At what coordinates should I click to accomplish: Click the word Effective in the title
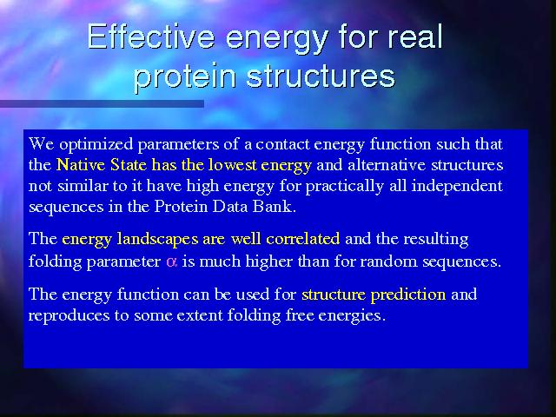click(151, 36)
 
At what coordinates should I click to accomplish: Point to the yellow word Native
click(81, 165)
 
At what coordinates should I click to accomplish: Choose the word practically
click(345, 187)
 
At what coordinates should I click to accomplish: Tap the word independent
click(457, 186)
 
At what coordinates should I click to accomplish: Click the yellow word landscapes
click(157, 240)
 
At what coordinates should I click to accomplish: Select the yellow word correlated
click(303, 239)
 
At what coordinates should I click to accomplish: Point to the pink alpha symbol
click(172, 262)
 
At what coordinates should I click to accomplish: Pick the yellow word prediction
click(408, 295)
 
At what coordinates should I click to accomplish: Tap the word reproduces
click(69, 315)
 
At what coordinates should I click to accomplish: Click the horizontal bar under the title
click(102, 103)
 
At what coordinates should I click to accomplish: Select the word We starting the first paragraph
click(41, 144)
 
